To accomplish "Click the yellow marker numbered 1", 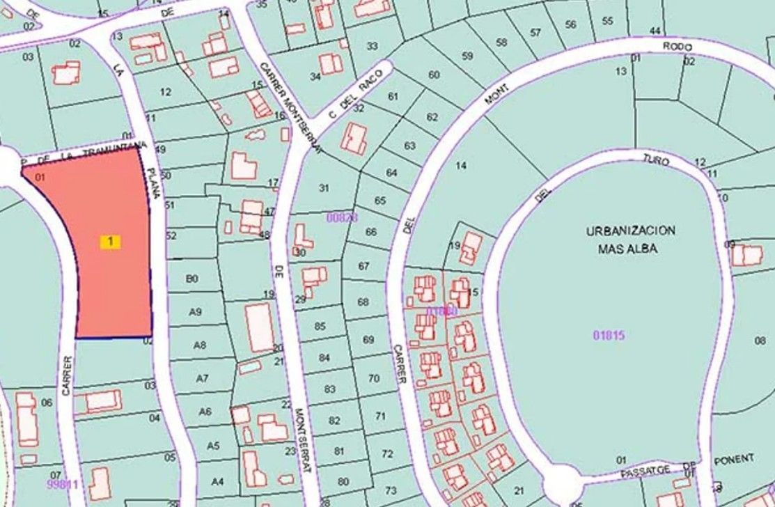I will coord(110,242).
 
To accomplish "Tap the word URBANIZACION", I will coord(631,231).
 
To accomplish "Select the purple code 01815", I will coord(609,336).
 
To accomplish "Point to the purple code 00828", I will coord(342,217).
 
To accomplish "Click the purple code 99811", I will coord(63,483).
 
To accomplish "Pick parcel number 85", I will coord(320,326).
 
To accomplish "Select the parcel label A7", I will coord(202,379).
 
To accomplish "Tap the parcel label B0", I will coord(192,279).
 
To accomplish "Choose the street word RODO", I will coord(678,47).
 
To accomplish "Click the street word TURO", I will coord(656,161).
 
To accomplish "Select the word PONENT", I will coord(734,459).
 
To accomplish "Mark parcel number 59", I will coord(467,56).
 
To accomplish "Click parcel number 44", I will coord(655,31).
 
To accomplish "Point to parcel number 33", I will coord(373,46).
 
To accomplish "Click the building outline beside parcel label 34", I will coord(331,63).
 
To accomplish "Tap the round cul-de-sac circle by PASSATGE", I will coord(562,483).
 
